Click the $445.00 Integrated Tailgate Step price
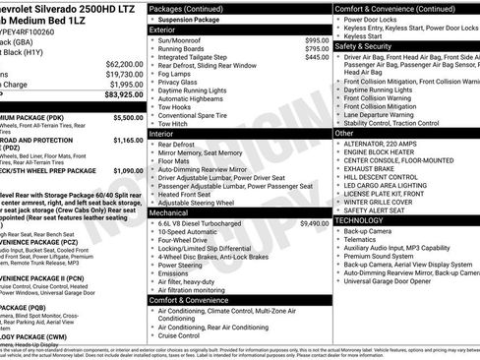tap(316, 58)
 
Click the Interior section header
tap(161, 132)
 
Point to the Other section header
tap(344, 132)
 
